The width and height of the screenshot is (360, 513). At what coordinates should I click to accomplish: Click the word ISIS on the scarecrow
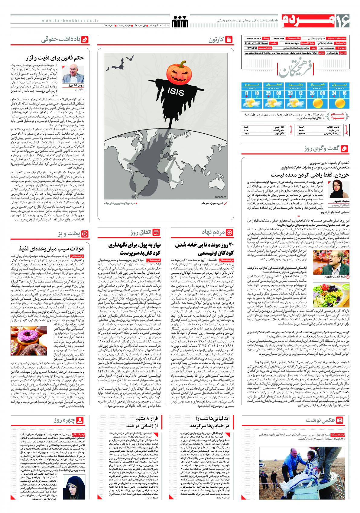coord(176,92)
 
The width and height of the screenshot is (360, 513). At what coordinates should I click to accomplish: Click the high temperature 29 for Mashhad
coord(290,93)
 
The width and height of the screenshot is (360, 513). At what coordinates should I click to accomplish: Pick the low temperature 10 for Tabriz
coord(257,93)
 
